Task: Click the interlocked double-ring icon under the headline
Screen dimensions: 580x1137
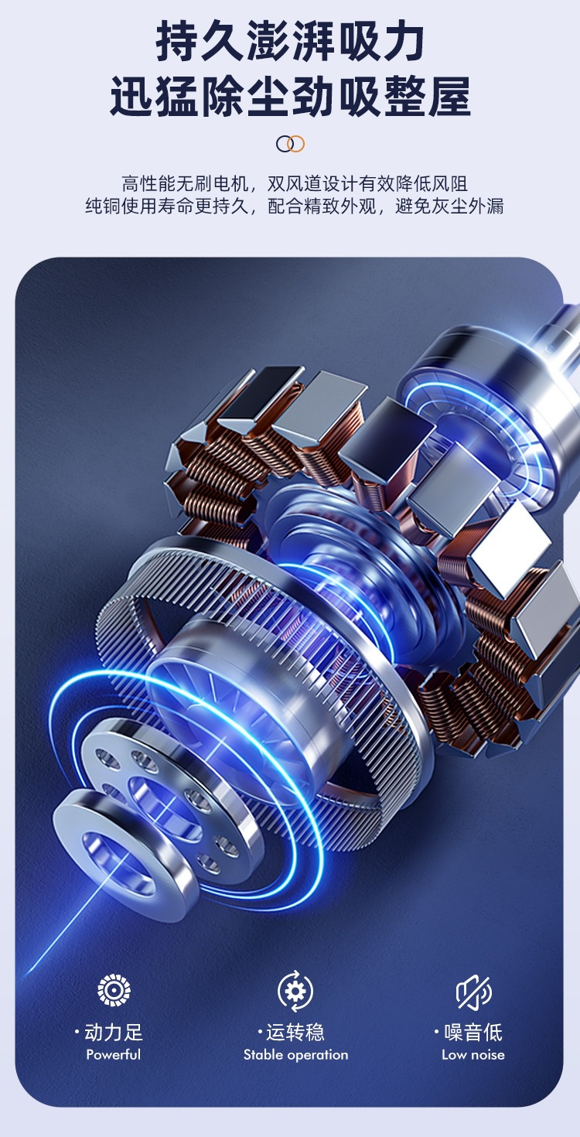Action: (x=290, y=144)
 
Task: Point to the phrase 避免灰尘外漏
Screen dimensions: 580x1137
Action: (x=449, y=206)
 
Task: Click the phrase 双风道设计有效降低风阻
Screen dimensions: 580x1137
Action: (x=367, y=183)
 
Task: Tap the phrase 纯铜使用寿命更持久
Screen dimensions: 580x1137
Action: (x=167, y=206)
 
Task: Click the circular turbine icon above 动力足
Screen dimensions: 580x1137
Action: (x=114, y=990)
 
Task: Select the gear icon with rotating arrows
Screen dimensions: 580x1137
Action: (x=295, y=991)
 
